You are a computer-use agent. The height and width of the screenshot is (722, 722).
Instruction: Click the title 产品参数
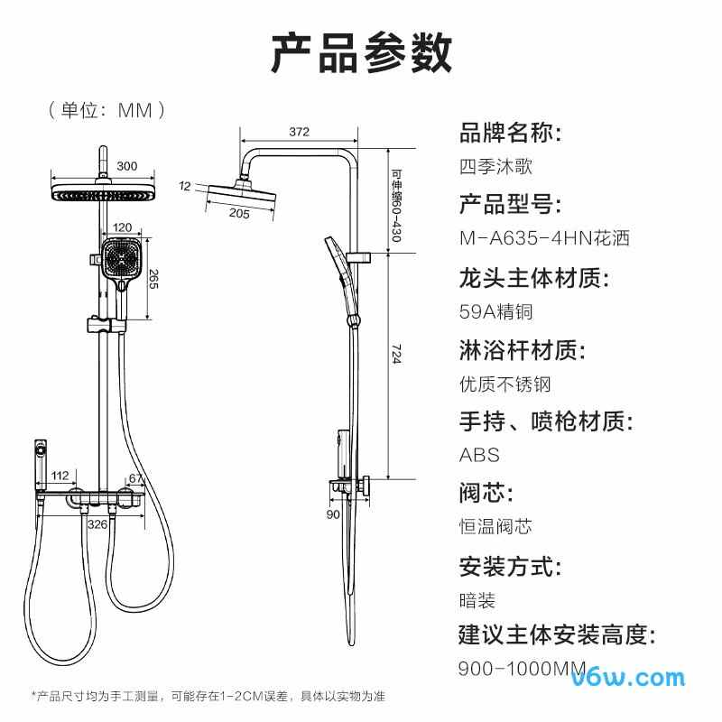361,52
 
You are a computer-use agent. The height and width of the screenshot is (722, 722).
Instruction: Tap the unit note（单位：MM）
107,110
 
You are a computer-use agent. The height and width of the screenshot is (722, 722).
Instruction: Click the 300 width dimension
127,165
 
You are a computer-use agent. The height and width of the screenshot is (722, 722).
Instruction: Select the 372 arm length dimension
299,132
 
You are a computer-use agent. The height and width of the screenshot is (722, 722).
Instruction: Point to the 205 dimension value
238,213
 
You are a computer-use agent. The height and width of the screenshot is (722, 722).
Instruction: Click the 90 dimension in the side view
333,514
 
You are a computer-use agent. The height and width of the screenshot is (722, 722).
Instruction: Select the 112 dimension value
60,476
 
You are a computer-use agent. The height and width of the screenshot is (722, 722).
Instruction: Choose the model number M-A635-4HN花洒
543,239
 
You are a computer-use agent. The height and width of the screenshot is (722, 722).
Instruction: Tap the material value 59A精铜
496,311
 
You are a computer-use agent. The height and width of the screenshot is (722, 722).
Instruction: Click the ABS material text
479,456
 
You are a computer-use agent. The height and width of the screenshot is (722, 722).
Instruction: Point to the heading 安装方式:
511,567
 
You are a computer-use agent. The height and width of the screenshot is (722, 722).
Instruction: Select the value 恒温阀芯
495,527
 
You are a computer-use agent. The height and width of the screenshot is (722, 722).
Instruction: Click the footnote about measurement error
208,697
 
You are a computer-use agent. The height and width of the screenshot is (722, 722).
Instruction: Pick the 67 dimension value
136,478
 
